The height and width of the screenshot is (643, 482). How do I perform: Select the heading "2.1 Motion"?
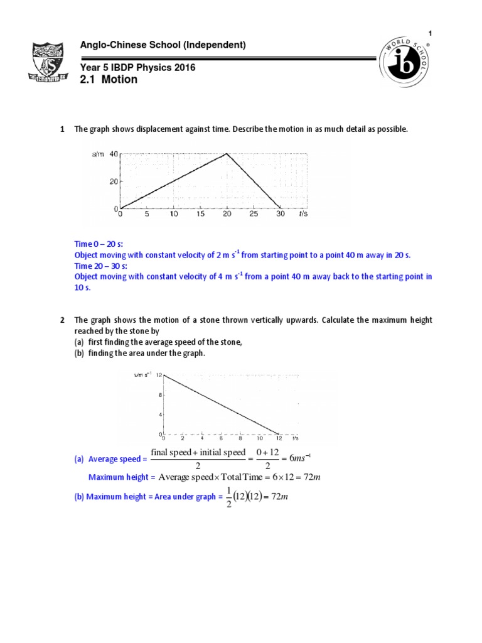[109, 80]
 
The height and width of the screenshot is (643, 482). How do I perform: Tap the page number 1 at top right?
[431, 33]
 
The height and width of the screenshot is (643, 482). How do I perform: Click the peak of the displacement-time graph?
[227, 154]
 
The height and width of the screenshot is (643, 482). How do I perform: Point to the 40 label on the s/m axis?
[113, 154]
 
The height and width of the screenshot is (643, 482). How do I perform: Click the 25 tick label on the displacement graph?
[254, 214]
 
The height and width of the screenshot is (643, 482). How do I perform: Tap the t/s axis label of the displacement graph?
[303, 214]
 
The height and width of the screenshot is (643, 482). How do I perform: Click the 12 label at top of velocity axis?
[159, 374]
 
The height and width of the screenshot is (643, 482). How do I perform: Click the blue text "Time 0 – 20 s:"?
[99, 245]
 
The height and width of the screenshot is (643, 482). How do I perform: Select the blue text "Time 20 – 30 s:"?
[100, 266]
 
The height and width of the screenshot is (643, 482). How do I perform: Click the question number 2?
[62, 320]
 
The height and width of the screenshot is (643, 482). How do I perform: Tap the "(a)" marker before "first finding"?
[80, 342]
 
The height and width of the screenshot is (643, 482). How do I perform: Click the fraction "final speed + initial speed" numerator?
[198, 453]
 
